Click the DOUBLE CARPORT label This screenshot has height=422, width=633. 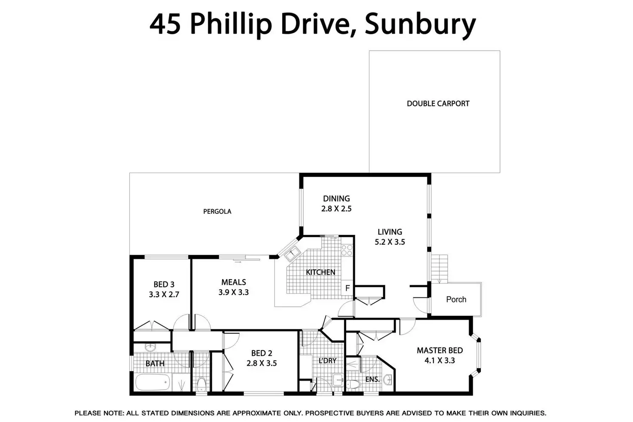[438, 104]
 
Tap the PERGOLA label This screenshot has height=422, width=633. [217, 212]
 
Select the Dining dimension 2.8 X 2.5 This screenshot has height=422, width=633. [336, 209]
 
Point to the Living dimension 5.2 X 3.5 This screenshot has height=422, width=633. [390, 242]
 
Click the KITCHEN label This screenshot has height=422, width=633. [320, 272]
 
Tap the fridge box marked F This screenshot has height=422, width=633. [347, 288]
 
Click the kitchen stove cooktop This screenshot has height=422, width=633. [347, 250]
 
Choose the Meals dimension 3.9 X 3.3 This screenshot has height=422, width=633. [234, 293]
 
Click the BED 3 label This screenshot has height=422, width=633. [164, 284]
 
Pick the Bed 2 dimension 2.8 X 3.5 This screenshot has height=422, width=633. [261, 363]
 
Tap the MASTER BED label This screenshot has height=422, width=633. [439, 351]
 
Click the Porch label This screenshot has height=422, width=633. [456, 299]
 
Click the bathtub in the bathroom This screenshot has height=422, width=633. [152, 382]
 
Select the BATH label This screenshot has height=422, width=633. [155, 363]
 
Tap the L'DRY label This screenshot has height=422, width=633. [327, 360]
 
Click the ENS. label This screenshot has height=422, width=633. [372, 379]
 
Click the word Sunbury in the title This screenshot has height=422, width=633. [420, 25]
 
